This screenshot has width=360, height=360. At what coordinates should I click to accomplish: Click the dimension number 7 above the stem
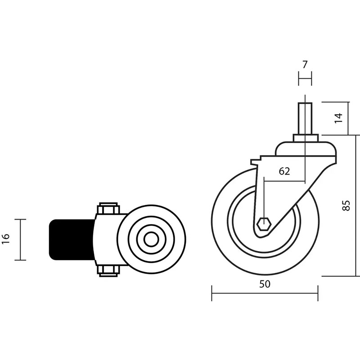(305, 65)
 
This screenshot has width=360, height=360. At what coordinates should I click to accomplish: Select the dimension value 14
(339, 118)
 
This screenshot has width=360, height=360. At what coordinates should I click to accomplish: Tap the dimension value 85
(346, 206)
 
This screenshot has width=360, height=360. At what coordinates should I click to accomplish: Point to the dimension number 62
(284, 171)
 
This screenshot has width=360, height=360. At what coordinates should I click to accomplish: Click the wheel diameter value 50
(265, 284)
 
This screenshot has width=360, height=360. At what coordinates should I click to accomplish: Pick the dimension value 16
(6, 239)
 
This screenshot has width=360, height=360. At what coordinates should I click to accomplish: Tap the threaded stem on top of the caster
(305, 119)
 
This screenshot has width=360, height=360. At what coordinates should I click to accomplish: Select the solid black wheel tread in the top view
(72, 240)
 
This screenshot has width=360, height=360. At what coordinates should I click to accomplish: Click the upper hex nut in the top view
(108, 208)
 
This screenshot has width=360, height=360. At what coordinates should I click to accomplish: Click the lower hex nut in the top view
(108, 271)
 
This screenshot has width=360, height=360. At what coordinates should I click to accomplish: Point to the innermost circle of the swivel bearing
(151, 239)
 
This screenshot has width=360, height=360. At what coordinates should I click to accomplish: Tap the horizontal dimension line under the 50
(265, 293)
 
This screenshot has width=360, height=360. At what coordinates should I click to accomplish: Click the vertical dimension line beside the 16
(20, 240)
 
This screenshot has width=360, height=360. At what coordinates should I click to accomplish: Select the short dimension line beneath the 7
(305, 78)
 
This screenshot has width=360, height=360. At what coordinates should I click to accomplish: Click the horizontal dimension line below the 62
(284, 181)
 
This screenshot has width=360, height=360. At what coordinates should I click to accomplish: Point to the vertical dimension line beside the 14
(348, 118)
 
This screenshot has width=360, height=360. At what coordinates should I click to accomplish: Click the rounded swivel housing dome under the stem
(306, 149)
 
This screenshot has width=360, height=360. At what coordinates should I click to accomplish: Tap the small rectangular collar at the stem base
(306, 139)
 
